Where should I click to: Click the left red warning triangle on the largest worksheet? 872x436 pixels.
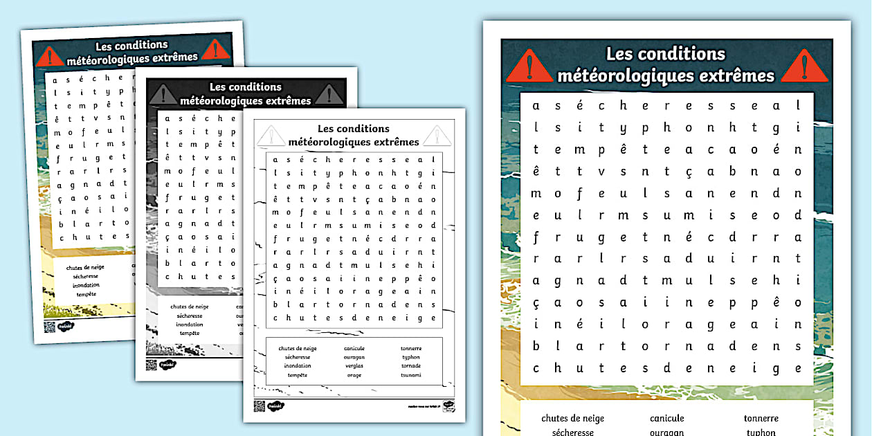[x=529, y=66]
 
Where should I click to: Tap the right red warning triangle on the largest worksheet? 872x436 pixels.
[x=804, y=66]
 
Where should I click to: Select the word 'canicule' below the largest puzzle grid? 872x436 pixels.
[x=666, y=418]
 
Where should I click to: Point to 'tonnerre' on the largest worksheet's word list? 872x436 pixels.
[x=761, y=418]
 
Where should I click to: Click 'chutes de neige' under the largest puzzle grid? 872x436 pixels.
[x=572, y=418]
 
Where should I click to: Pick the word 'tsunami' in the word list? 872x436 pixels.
[x=411, y=375]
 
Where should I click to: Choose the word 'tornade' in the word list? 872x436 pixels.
[x=411, y=366]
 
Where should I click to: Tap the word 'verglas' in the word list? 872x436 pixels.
[x=354, y=366]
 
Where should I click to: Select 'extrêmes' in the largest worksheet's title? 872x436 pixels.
[x=735, y=75]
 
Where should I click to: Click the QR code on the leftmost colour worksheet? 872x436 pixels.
[x=50, y=326]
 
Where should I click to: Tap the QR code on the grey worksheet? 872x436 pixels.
[x=152, y=365]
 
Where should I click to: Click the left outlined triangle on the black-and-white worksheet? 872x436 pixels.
[x=271, y=135]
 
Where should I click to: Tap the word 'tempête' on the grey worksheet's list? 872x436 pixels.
[x=190, y=334]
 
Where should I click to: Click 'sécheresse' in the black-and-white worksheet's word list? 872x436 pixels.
[x=298, y=357]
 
